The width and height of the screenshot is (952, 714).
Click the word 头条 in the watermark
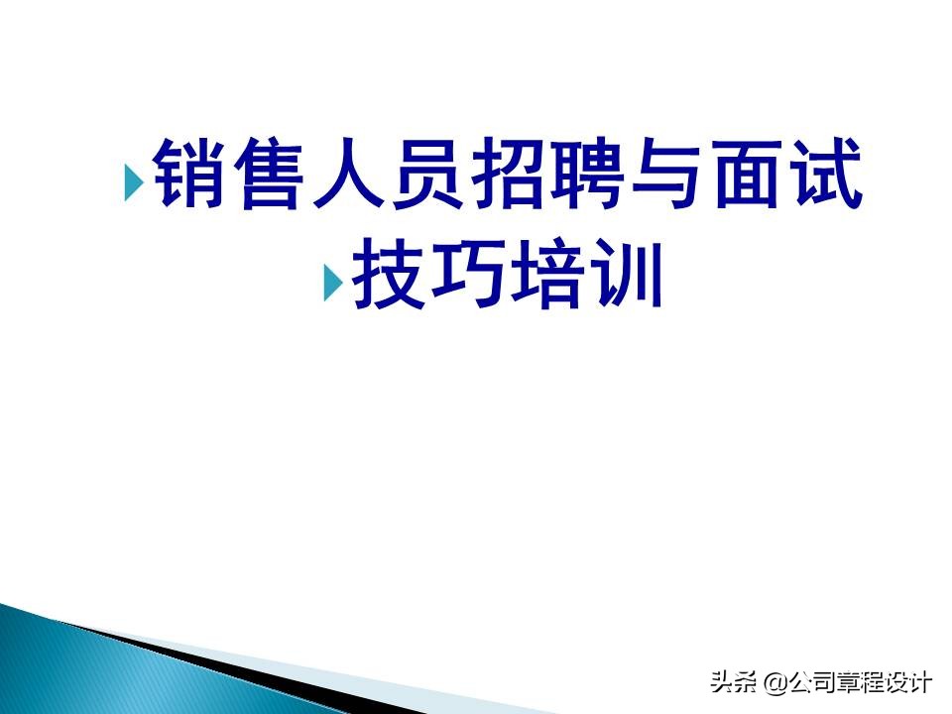coord(731,682)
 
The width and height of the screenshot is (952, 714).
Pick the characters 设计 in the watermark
coord(909,682)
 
